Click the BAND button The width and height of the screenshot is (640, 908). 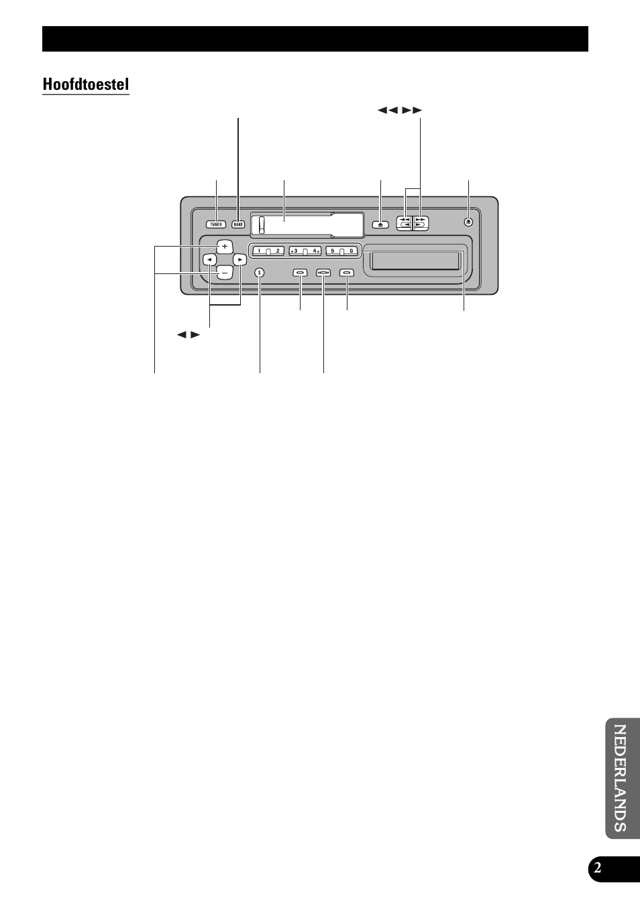click(x=238, y=224)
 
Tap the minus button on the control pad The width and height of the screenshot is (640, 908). click(x=225, y=272)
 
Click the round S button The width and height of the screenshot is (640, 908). click(x=260, y=273)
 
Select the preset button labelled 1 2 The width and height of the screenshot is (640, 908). click(x=268, y=251)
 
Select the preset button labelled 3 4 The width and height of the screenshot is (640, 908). click(x=305, y=251)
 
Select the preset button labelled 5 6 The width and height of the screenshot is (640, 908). click(x=342, y=251)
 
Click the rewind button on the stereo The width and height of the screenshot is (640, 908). click(x=405, y=222)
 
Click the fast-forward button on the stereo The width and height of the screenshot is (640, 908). click(x=421, y=222)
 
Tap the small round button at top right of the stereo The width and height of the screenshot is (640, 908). click(x=469, y=222)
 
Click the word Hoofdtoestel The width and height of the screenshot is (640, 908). click(x=86, y=84)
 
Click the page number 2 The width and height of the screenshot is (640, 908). click(x=597, y=869)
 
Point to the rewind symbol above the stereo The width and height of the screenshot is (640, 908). click(x=388, y=110)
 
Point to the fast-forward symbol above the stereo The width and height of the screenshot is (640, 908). click(x=413, y=110)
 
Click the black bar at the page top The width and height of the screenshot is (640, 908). click(x=315, y=39)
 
